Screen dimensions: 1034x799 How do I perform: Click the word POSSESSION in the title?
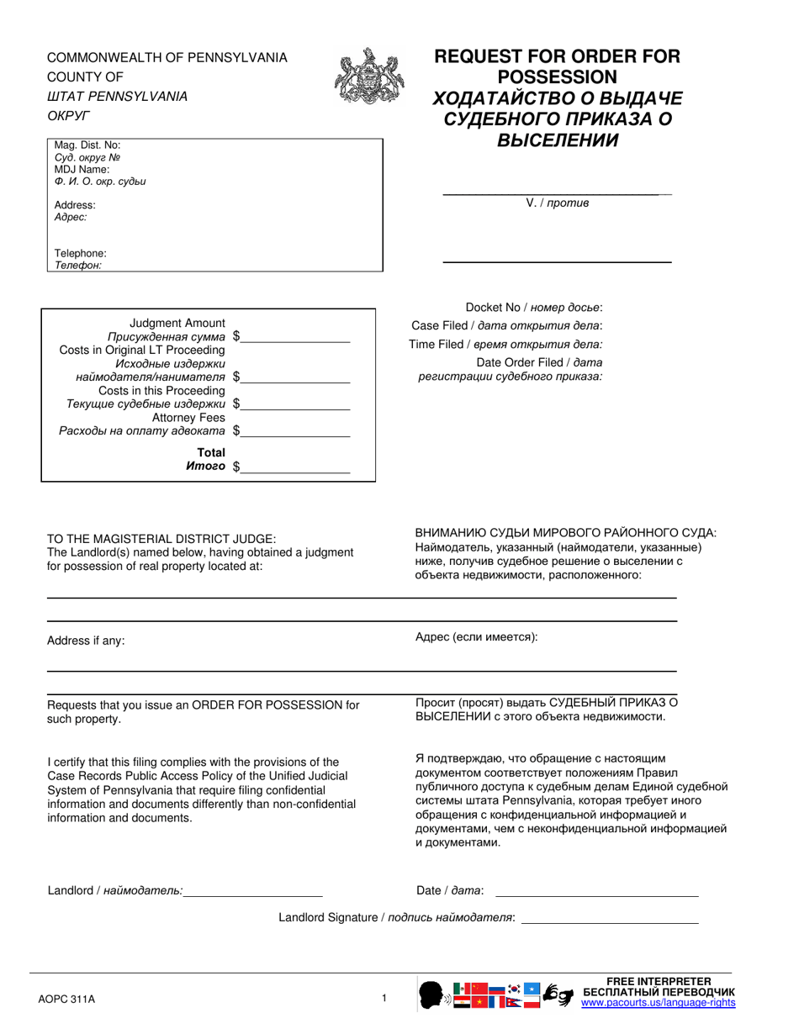click(556, 76)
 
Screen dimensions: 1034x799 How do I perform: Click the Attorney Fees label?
click(188, 418)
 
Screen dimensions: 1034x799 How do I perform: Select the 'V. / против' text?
click(557, 203)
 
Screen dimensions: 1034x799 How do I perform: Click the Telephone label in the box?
click(81, 253)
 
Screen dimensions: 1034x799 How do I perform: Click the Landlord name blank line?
click(253, 891)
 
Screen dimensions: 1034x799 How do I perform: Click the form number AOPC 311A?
click(67, 1000)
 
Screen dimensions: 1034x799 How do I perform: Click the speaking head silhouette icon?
click(432, 994)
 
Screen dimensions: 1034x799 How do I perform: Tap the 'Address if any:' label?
click(86, 641)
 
